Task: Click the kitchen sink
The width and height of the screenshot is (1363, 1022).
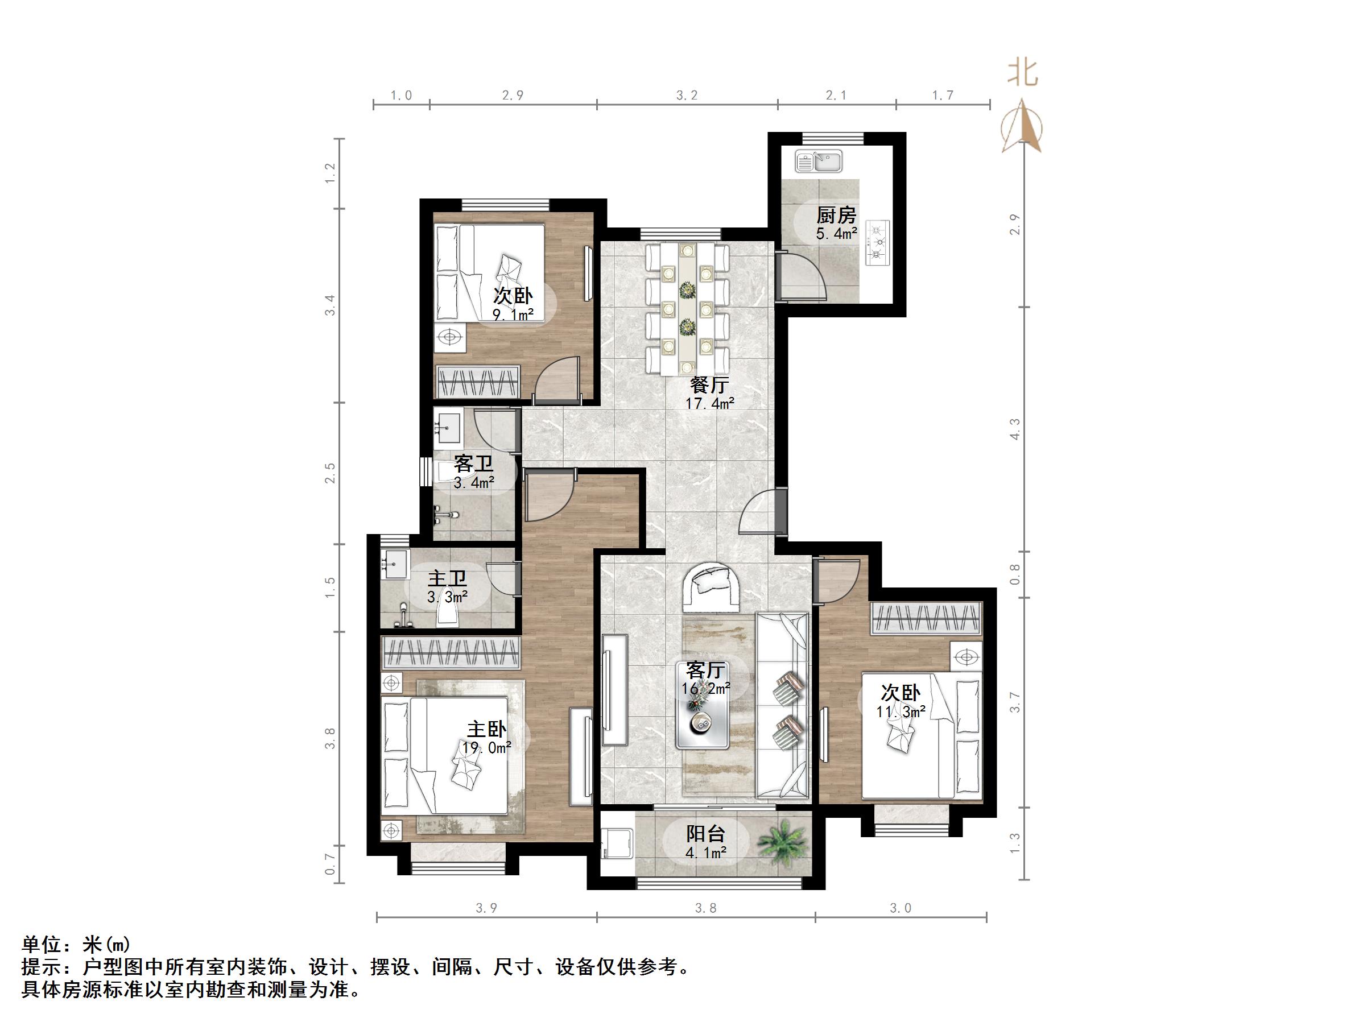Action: (818, 162)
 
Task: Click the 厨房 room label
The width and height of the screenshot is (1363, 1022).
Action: (836, 216)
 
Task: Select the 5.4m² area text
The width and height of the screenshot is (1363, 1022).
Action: (836, 234)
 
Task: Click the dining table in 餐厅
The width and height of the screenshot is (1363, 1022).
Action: (687, 308)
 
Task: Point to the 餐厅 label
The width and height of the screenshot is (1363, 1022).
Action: (709, 386)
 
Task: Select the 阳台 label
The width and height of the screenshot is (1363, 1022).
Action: (705, 834)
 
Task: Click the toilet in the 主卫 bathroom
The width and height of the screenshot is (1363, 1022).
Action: (447, 613)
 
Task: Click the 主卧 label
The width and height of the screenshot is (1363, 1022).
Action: (486, 729)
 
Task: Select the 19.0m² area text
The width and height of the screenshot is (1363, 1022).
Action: (486, 748)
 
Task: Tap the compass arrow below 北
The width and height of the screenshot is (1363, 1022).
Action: (1022, 126)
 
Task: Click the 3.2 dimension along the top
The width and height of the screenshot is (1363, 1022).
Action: (687, 96)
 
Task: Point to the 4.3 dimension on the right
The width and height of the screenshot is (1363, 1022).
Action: (1015, 429)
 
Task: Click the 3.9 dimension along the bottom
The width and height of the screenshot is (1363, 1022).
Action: (486, 908)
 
